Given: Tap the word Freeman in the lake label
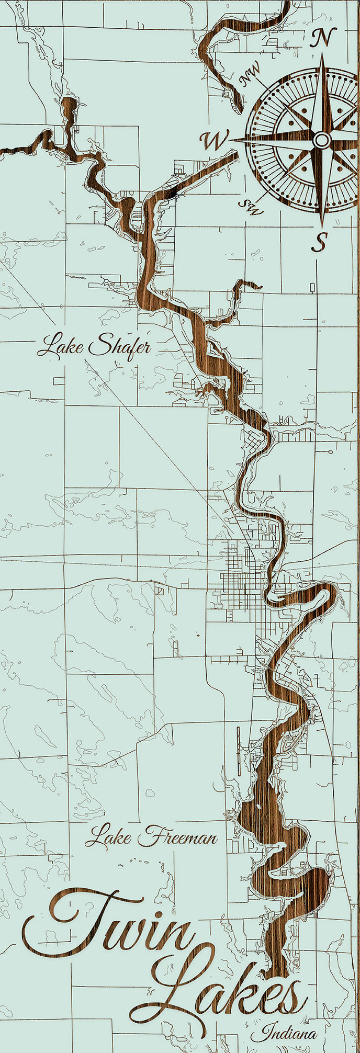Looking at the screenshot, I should pos(178,837).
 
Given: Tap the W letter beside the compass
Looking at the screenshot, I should pos(214,140).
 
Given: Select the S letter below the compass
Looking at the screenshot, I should pos(320,242).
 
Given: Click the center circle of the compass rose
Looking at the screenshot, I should pos(322,140).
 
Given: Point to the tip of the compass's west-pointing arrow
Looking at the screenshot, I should pos(230,141).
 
